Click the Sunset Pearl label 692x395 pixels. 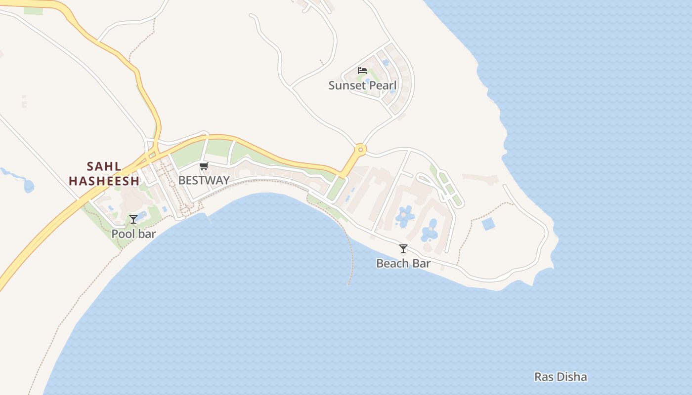click(x=362, y=85)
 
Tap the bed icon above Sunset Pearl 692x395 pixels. click(x=362, y=71)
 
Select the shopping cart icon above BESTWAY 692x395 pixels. click(x=204, y=166)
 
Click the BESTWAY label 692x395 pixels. click(x=204, y=180)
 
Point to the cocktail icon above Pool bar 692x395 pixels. click(x=133, y=219)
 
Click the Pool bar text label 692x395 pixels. click(x=133, y=234)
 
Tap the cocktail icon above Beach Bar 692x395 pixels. click(x=403, y=249)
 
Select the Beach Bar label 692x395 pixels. click(x=403, y=264)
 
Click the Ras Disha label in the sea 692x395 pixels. click(x=561, y=377)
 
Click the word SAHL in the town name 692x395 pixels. click(x=104, y=166)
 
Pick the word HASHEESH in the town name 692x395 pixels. click(x=104, y=181)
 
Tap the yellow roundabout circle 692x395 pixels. click(x=360, y=149)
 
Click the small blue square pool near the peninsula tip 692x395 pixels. click(x=488, y=224)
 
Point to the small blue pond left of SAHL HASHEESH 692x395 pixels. click(x=29, y=186)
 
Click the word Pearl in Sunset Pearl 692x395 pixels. click(x=382, y=85)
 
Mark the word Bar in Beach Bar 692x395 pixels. click(x=422, y=264)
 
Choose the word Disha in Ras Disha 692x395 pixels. click(x=571, y=377)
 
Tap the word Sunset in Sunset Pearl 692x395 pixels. click(x=346, y=85)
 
